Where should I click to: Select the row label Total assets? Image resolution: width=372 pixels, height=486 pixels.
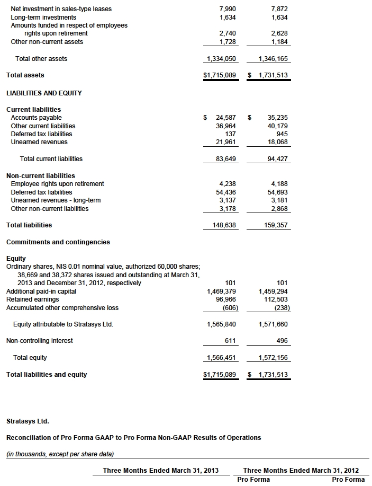[25, 75]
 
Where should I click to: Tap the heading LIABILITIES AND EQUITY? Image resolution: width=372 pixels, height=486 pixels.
[44, 93]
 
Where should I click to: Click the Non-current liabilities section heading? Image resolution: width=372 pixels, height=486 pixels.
[41, 175]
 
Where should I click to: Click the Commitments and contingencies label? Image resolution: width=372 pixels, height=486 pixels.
[58, 242]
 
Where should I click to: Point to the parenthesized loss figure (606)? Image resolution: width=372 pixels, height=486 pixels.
[227, 308]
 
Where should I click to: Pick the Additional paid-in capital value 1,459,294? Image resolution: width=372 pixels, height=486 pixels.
[274, 291]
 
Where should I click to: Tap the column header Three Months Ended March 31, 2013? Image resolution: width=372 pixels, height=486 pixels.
[161, 471]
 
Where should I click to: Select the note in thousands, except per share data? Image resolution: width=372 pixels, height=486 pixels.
[60, 454]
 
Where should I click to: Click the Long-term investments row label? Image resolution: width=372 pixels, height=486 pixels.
[43, 17]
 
